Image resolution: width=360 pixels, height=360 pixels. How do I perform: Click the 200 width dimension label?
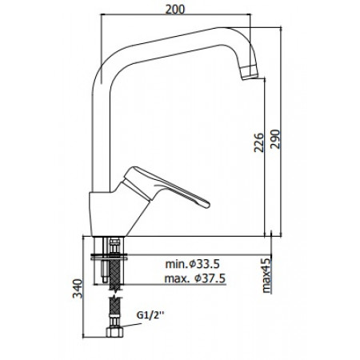[175, 10]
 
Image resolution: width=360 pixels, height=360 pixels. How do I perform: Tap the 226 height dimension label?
[258, 142]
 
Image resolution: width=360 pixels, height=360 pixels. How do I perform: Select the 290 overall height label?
[275, 139]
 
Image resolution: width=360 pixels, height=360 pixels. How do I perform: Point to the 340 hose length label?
[78, 289]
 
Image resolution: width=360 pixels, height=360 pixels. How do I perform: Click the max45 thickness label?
[266, 276]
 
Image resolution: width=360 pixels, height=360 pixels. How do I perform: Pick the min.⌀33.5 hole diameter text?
[192, 264]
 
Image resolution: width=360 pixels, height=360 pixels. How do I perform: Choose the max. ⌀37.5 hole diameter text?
[195, 278]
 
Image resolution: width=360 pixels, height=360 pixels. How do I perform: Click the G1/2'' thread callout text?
[150, 315]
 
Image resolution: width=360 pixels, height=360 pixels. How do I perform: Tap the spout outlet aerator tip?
[250, 73]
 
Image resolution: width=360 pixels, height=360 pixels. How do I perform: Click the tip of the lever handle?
[206, 205]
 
